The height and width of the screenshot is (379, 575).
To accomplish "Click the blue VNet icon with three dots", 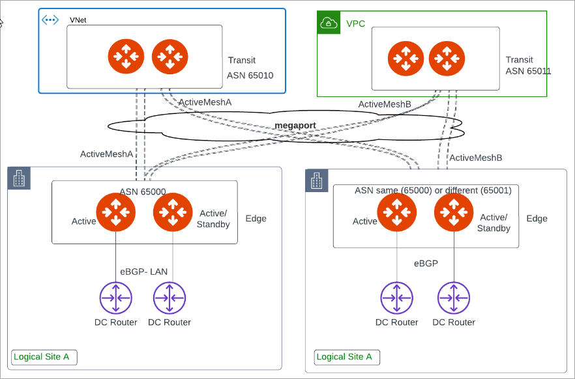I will coord(50,20).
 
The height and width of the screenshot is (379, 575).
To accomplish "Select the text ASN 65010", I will coord(250,76).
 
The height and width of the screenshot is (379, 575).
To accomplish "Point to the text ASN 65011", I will coord(528,71).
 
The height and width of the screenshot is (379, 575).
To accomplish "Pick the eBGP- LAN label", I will coord(144,272).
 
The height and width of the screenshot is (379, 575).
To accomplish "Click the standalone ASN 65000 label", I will coord(143,191).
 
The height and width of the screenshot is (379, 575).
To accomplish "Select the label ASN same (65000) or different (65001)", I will coord(432,191).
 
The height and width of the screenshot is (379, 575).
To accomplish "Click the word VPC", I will coord(355,24).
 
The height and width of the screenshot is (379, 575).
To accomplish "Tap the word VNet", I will coord(78,20).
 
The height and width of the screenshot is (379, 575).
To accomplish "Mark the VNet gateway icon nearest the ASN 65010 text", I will coord(170,56).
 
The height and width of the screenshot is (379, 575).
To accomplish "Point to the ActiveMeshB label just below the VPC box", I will coord(385,104).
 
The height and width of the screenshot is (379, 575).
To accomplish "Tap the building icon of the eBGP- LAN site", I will coord(19,178).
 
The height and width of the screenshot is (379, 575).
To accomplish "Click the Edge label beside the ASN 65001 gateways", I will coord(537,219).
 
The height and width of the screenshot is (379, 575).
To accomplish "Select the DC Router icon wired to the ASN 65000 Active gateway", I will coord(115,299).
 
